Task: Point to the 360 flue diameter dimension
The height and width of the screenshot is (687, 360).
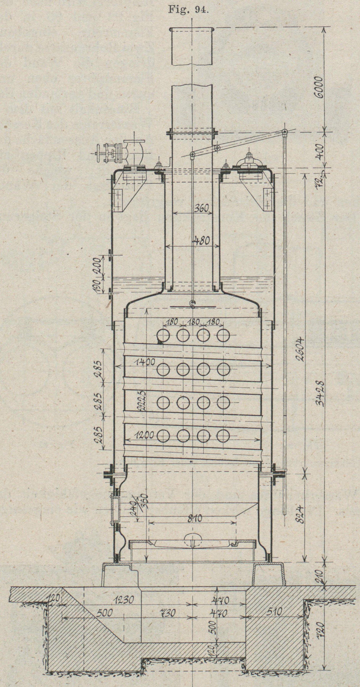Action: [201, 208]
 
